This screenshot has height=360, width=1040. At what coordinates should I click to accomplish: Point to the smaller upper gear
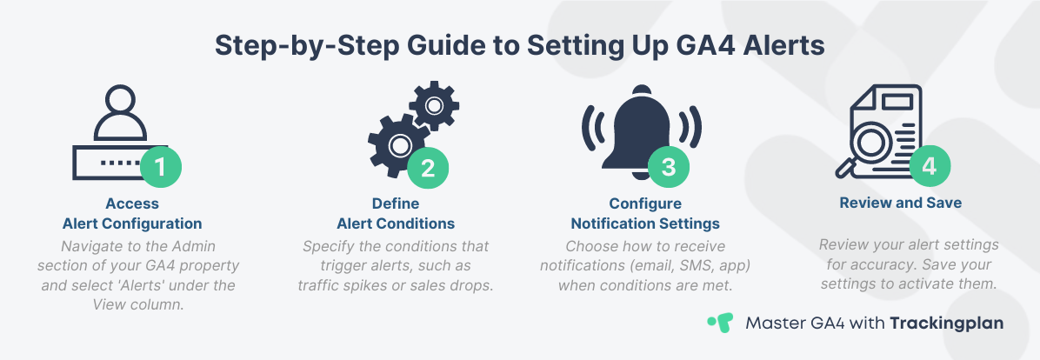click(433, 105)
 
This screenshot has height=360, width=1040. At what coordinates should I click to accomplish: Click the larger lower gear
click(399, 143)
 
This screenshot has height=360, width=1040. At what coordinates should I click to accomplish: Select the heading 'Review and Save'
click(900, 203)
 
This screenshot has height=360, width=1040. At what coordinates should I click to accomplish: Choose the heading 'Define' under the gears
click(396, 203)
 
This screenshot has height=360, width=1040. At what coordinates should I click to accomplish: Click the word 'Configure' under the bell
click(644, 203)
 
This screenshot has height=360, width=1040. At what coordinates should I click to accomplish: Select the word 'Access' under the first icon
click(132, 203)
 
